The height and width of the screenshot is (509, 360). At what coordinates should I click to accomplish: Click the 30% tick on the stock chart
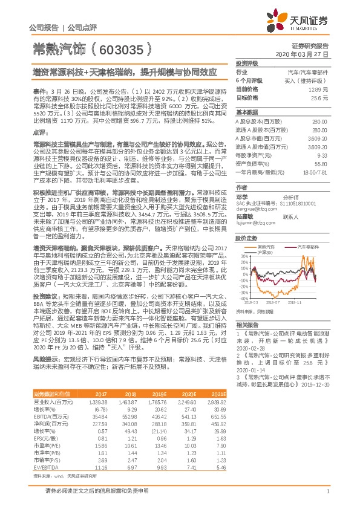click(x=241, y=256)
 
